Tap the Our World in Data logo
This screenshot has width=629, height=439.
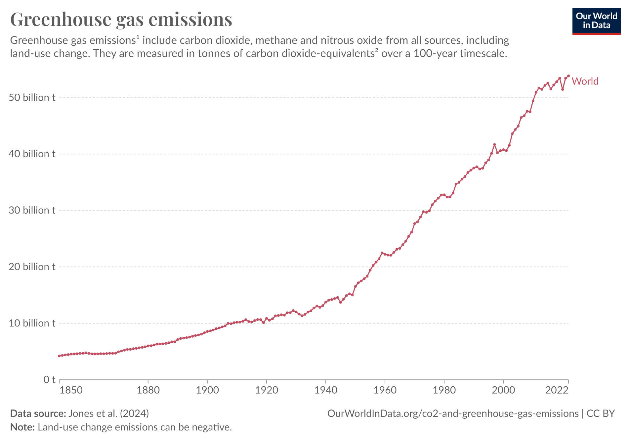click(596, 21)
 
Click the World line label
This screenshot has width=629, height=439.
click(585, 81)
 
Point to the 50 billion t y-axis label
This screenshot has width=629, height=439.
click(32, 98)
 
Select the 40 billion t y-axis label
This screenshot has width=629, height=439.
click(32, 154)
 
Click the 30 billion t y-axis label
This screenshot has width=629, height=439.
click(32, 210)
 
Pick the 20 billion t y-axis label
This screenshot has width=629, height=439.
click(32, 267)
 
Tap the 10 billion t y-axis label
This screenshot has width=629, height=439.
click(32, 323)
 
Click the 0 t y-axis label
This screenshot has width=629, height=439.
click(49, 379)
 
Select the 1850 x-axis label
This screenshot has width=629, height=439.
click(71, 390)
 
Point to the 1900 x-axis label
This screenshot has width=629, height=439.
click(207, 390)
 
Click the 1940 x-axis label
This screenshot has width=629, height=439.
click(326, 390)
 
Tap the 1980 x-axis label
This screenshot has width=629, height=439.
click(444, 390)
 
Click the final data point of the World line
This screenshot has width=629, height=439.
click(568, 76)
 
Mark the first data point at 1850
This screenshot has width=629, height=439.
click(59, 356)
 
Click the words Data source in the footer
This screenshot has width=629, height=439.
click(38, 414)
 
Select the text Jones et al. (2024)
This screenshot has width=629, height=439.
click(108, 414)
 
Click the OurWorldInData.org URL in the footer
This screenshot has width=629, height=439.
click(453, 414)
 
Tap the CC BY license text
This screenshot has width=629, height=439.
click(601, 414)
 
